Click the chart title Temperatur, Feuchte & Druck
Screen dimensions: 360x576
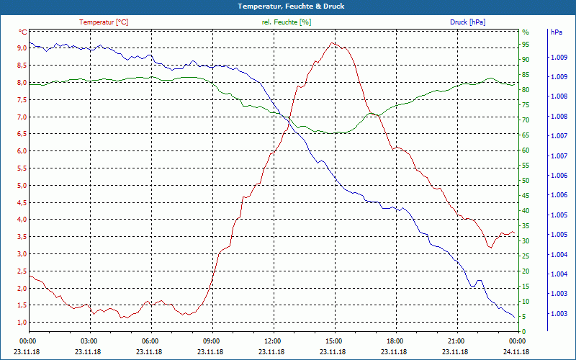pos(288,6)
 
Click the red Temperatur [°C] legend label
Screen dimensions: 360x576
pos(104,22)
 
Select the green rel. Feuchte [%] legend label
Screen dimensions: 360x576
pos(287,22)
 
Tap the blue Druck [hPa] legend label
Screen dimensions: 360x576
pos(467,22)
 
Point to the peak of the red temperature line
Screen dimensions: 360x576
pos(332,42)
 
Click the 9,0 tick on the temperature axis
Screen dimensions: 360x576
pos(22,48)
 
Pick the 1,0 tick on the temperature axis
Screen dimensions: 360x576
pos(22,322)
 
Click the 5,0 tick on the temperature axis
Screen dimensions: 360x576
pos(22,185)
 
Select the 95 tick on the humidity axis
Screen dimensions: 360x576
pos(526,44)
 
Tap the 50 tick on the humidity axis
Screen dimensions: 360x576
pos(526,180)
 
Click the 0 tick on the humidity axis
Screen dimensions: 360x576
pos(524,331)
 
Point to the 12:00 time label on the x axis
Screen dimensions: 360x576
pos(272,341)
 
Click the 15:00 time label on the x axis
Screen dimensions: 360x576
pos(333,341)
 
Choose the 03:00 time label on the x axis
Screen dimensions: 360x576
pos(89,341)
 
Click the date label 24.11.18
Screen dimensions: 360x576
pos(516,351)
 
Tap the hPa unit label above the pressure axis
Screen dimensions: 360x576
pos(556,32)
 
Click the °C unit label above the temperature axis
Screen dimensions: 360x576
pos(23,32)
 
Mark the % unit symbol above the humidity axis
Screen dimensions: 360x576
pos(525,32)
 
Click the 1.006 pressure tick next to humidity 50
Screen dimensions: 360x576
pos(558,176)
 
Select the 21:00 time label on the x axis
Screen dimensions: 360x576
pos(456,341)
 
